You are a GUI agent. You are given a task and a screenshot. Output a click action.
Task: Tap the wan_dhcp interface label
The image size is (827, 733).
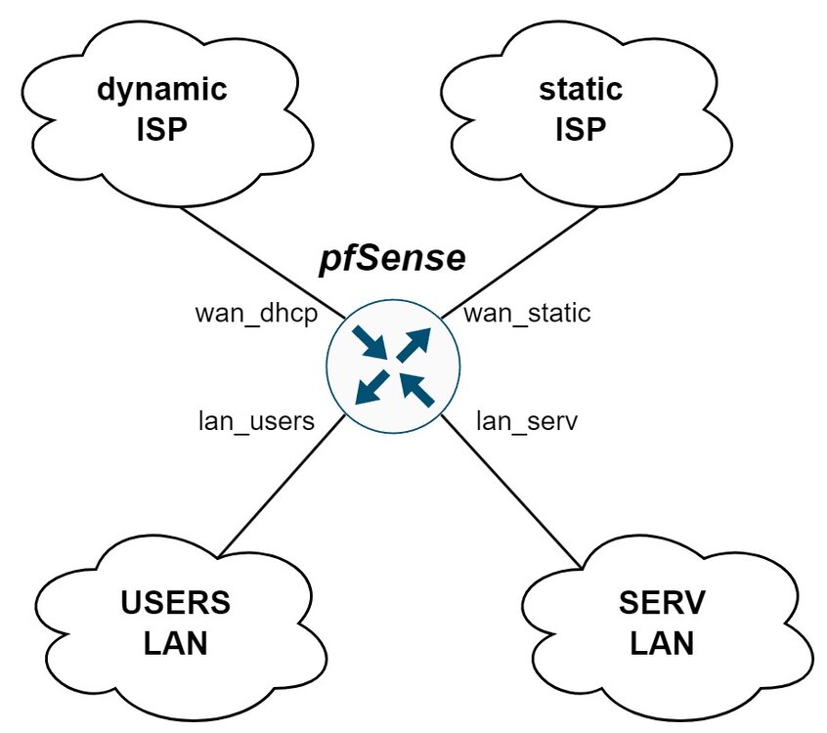click(x=257, y=314)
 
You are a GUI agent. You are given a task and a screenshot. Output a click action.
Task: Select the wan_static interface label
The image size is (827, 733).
click(x=527, y=314)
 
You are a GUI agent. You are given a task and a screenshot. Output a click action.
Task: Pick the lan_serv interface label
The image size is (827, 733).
click(x=527, y=421)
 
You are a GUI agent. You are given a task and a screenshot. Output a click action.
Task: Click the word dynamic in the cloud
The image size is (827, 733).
click(x=162, y=90)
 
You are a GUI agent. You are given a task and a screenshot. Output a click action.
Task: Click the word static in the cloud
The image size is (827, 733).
click(x=581, y=90)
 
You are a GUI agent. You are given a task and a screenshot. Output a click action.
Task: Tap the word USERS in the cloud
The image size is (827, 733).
click(x=176, y=602)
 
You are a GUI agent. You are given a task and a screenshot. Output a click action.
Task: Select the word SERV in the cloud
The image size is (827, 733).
click(x=661, y=602)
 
